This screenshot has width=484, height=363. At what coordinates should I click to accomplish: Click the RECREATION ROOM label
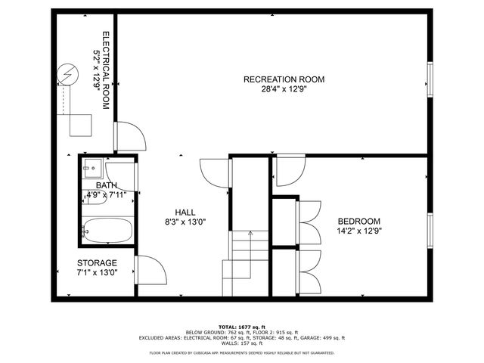click(x=284, y=79)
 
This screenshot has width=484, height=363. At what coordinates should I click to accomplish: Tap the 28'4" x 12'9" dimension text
click(x=284, y=88)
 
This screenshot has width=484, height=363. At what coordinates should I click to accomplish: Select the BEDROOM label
click(x=358, y=221)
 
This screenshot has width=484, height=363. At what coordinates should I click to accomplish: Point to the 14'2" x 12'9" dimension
click(x=358, y=231)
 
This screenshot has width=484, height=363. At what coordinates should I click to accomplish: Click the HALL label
click(x=185, y=213)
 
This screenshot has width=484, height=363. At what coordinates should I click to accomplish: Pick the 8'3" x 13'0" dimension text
click(x=185, y=222)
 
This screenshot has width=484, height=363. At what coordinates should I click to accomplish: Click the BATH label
click(x=106, y=185)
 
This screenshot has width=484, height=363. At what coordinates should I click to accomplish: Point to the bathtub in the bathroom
click(x=107, y=230)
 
